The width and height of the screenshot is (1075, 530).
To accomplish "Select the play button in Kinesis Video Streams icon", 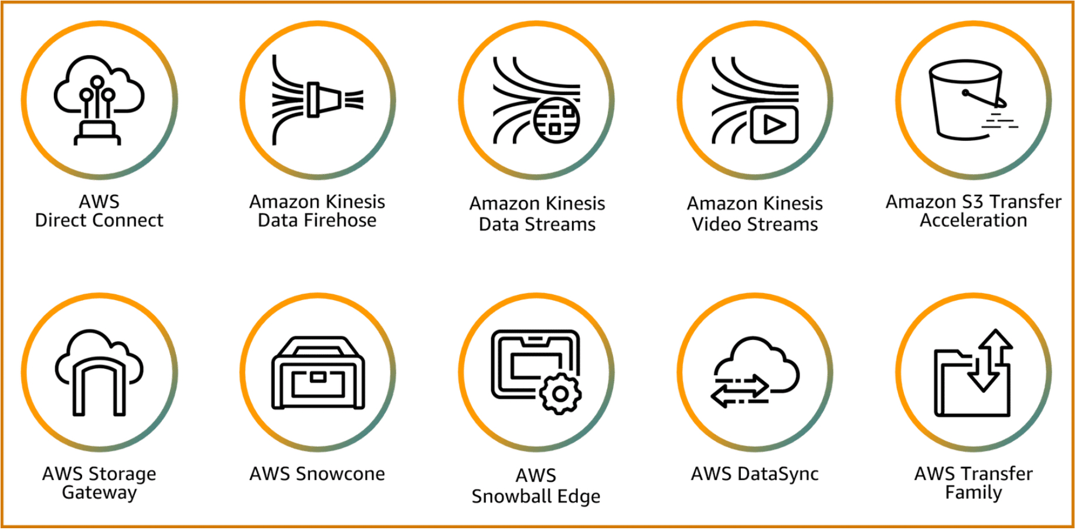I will (x=774, y=125).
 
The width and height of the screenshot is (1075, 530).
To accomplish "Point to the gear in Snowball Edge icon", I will (x=560, y=394).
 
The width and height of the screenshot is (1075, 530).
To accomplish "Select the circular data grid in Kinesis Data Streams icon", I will (x=557, y=120).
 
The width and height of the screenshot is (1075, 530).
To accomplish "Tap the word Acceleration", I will (x=973, y=221).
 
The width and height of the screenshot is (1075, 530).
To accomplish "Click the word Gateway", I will (x=99, y=492).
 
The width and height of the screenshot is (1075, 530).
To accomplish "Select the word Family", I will (x=973, y=492).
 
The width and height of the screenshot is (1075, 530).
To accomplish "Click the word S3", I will (x=972, y=202).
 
